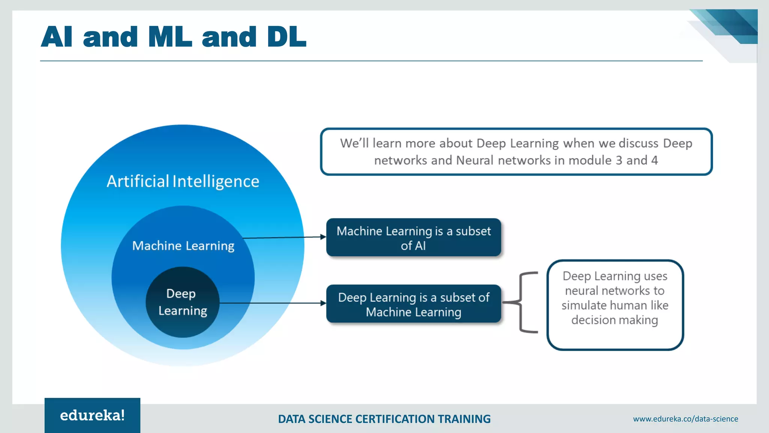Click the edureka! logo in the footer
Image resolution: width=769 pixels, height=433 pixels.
[x=92, y=415]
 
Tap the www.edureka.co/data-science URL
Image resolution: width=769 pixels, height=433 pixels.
[x=685, y=419]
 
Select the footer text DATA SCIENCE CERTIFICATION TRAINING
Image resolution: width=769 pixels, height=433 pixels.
[x=384, y=419]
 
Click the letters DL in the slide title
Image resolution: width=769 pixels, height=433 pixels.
[x=286, y=37]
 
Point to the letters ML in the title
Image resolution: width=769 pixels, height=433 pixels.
[x=170, y=37]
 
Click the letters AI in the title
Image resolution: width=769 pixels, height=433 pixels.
[x=57, y=37]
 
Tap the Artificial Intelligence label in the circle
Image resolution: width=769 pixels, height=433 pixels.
[x=183, y=181]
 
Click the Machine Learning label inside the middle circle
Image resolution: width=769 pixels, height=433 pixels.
[x=183, y=245]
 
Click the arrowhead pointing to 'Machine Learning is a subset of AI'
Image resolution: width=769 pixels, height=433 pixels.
[x=323, y=237]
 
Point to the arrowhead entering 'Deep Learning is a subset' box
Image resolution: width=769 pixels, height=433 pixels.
[x=323, y=303]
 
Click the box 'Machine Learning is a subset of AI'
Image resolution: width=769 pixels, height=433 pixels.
[x=413, y=238]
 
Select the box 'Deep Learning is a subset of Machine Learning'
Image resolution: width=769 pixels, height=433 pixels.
[x=413, y=304]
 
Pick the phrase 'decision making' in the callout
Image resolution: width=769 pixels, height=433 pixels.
[x=615, y=320]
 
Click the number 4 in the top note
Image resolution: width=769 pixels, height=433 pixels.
[x=654, y=160]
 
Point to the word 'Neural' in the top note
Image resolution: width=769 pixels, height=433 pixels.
[x=474, y=160]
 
